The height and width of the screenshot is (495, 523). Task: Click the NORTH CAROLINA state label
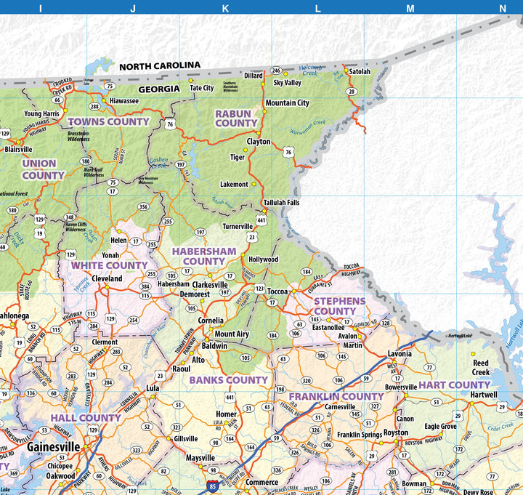159,66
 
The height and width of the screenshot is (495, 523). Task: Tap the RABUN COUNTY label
236,118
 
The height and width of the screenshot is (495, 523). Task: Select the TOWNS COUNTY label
108,122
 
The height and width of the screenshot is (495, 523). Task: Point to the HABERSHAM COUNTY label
203,256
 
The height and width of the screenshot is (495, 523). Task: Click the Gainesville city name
54,446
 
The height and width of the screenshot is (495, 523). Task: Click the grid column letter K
225,8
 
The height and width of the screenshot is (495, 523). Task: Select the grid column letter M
410,8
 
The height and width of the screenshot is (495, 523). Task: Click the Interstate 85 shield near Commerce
212,483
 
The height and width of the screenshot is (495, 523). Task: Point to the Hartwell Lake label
459,336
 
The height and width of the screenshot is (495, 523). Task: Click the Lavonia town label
400,353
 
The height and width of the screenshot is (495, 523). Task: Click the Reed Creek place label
481,368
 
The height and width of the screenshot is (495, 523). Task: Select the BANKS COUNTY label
229,380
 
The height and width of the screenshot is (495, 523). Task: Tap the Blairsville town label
18,149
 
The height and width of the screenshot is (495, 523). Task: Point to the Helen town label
118,241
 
